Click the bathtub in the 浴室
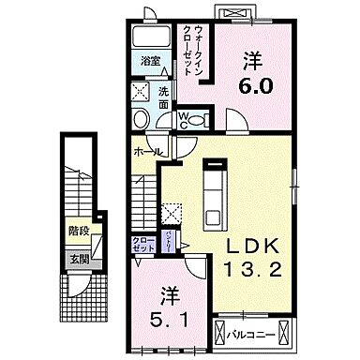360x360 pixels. click(x=151, y=39)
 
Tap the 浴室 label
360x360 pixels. click(x=150, y=64)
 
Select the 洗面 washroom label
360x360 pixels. click(x=163, y=96)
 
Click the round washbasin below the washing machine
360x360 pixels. click(x=140, y=120)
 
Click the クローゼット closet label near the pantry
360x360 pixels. click(x=143, y=243)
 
